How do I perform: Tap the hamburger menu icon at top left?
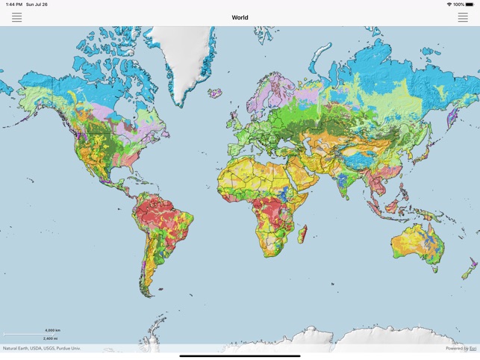click(x=16, y=17)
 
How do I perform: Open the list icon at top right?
click(x=463, y=17)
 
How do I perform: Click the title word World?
click(x=240, y=17)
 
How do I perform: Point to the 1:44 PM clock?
click(x=13, y=4)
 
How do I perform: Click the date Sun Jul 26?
click(x=37, y=4)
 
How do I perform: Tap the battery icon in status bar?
click(x=470, y=4)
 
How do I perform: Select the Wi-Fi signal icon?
click(x=449, y=4)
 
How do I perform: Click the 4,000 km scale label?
click(x=52, y=330)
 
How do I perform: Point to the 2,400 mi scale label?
click(x=50, y=338)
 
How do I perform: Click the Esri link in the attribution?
click(x=473, y=348)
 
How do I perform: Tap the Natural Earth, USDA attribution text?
click(x=41, y=348)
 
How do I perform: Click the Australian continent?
click(x=418, y=239)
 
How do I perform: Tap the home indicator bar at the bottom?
click(x=240, y=356)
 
